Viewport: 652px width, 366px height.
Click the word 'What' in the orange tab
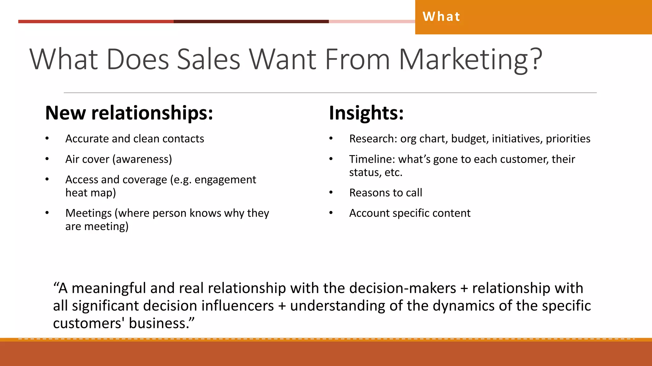pyautogui.click(x=441, y=17)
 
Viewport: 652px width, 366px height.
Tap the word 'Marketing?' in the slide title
pyautogui.click(x=470, y=59)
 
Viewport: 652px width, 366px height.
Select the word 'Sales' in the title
pyautogui.click(x=209, y=59)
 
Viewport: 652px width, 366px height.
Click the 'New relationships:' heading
pyautogui.click(x=129, y=113)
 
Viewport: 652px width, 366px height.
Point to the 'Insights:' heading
pyautogui.click(x=366, y=113)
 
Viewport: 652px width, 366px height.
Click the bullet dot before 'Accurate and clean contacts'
pyautogui.click(x=47, y=139)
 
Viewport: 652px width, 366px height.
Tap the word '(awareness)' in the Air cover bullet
pyautogui.click(x=142, y=159)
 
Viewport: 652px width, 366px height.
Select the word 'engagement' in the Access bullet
pyautogui.click(x=225, y=180)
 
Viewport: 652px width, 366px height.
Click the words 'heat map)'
pyautogui.click(x=91, y=193)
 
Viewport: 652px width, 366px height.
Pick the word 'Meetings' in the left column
pyautogui.click(x=89, y=213)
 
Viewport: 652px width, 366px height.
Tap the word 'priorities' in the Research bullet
pyautogui.click(x=568, y=139)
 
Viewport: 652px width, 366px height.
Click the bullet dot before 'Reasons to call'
pyautogui.click(x=331, y=193)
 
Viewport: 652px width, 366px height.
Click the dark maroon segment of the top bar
pyautogui.click(x=251, y=22)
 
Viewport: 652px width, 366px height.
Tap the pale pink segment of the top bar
pyautogui.click(x=372, y=22)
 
